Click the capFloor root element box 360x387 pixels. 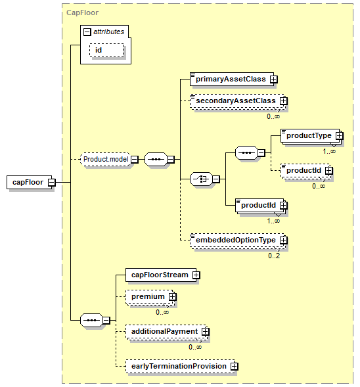29,183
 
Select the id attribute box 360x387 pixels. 106,51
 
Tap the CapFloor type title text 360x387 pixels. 82,12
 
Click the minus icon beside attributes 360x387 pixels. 87,32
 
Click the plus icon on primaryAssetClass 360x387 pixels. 273,80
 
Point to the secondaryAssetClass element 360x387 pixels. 237,101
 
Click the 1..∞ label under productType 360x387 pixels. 329,151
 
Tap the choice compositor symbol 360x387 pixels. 201,179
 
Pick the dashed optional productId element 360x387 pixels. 305,171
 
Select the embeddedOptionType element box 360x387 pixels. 237,240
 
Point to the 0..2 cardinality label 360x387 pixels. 274,256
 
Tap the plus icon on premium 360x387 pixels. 172,297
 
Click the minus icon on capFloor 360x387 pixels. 52,183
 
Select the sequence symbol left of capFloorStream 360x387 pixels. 91,321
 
